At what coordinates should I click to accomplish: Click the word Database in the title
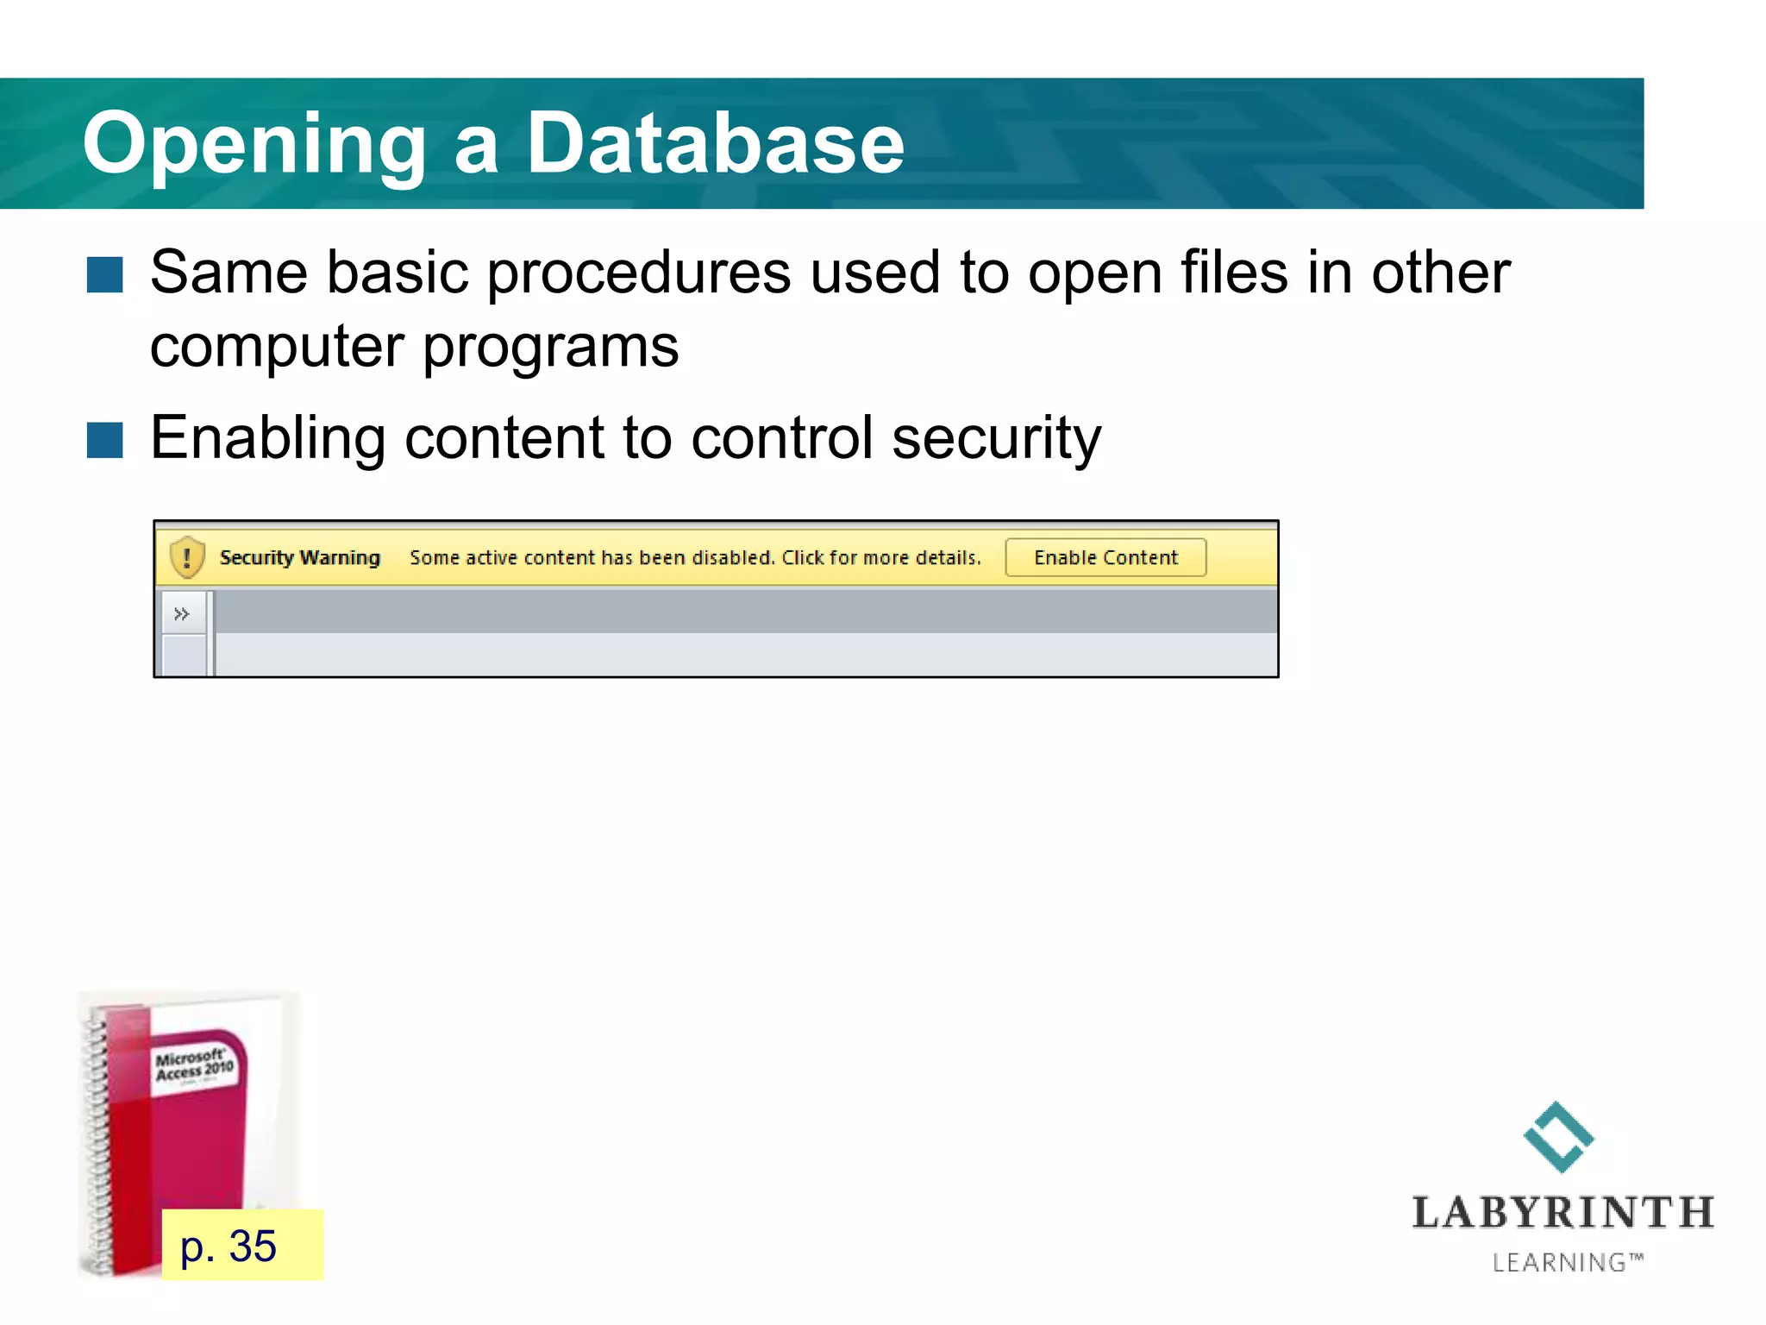coord(715,143)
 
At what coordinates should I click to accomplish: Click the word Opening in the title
coord(254,145)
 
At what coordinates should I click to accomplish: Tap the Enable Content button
coord(1105,557)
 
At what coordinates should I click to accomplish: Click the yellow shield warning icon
coord(187,556)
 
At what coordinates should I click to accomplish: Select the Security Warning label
coord(299,557)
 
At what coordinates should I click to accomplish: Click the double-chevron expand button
coord(182,614)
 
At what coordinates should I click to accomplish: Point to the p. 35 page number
coord(229,1246)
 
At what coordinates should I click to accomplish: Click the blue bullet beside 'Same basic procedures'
coord(105,275)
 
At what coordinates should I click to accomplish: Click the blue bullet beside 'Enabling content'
coord(105,440)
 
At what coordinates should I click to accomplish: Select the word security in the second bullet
coord(996,438)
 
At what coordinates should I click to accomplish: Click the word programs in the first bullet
coord(550,348)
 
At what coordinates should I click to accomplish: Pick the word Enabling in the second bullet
coord(267,438)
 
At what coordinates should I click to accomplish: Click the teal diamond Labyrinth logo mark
coord(1558,1137)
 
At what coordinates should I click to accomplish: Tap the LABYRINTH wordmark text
coord(1562,1213)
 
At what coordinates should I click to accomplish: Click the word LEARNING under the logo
coord(1559,1263)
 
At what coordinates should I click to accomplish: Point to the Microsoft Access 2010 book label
coord(194,1065)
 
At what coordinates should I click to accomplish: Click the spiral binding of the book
coord(97,1139)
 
